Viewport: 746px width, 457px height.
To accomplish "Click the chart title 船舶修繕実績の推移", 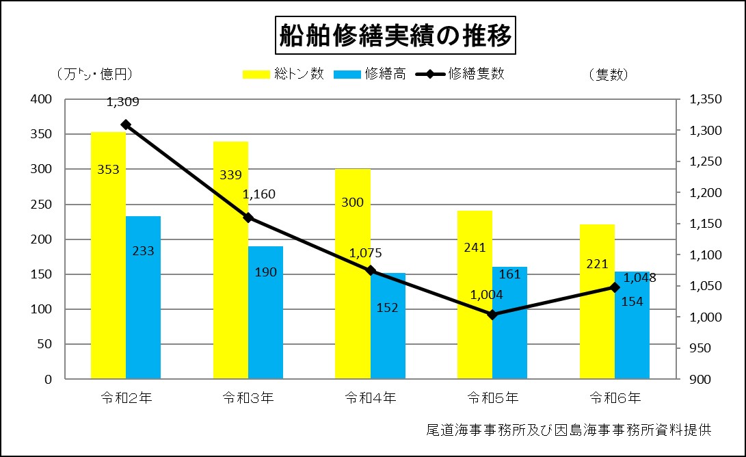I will coord(396,36).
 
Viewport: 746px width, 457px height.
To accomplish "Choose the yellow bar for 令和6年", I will coord(597,301).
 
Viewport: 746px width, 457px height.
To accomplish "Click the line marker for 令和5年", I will coord(492,315).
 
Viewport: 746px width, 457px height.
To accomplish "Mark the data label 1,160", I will coord(259,194).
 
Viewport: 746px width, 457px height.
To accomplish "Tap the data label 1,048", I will coord(640,278).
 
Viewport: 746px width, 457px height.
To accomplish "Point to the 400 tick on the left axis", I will coord(43,99).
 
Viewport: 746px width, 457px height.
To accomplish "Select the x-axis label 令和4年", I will coord(370,397).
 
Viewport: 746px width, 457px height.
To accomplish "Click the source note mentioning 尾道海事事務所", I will coord(568,430).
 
